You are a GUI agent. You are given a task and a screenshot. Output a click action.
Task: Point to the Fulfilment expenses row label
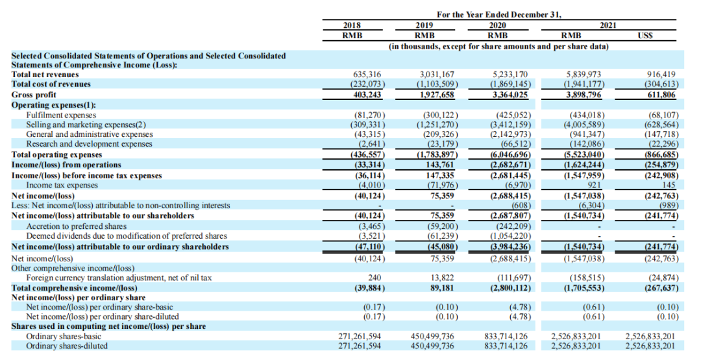click(x=61, y=114)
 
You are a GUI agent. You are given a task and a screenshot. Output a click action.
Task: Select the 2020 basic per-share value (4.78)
click(x=513, y=307)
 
